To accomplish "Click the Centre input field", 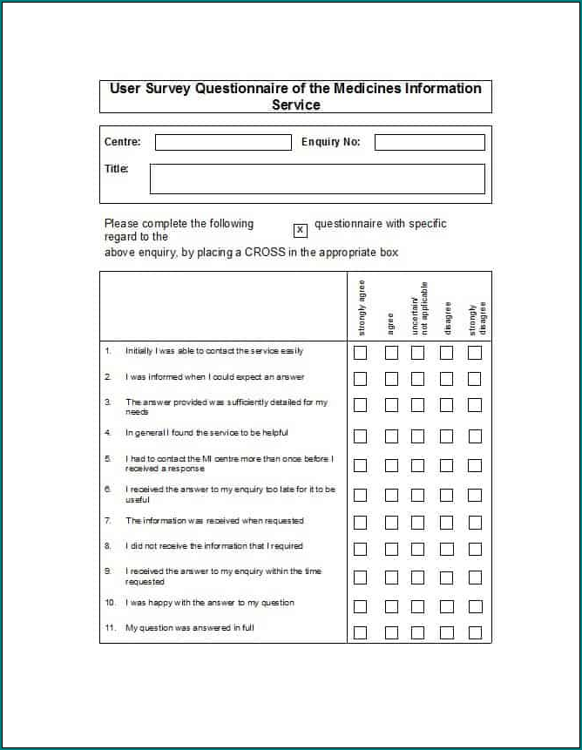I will pos(223,142).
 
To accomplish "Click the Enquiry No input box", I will pos(430,142).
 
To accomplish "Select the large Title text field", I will pos(317,179).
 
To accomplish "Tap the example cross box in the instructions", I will pos(301,230).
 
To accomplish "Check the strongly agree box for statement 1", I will pos(360,353).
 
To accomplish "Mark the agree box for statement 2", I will pos(391,379).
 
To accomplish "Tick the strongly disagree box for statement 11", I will pos(475,632).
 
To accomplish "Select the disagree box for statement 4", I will pos(446,436).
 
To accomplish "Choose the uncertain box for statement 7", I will pos(418,523).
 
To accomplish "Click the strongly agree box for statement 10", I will pos(360,606).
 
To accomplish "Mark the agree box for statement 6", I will pos(391,495).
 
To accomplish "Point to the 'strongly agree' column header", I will pos(362,307).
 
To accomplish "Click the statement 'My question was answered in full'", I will pos(189,628).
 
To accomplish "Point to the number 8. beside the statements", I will pos(108,546).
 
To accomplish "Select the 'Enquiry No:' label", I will pos(330,142).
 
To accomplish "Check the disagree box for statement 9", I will pos(446,577).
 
